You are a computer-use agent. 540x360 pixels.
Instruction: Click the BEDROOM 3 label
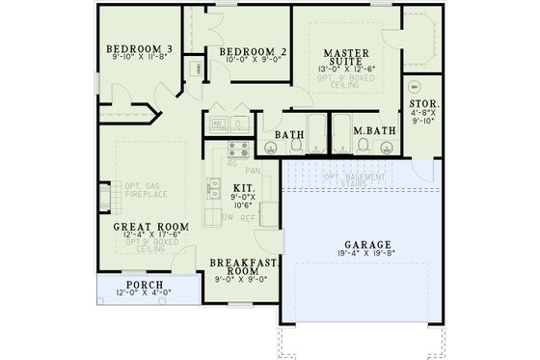pyautogui.click(x=140, y=49)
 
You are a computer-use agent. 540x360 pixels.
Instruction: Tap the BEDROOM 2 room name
pyautogui.click(x=253, y=52)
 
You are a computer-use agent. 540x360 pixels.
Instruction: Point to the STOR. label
pyautogui.click(x=424, y=103)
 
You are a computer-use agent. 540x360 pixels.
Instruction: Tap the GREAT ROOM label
pyautogui.click(x=149, y=227)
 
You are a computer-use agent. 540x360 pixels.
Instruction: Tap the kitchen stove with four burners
pyautogui.click(x=238, y=149)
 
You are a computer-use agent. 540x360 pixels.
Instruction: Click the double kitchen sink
pyautogui.click(x=216, y=188)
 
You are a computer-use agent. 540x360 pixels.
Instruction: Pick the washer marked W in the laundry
pyautogui.click(x=219, y=125)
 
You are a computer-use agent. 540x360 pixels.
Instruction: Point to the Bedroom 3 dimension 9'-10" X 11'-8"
pyautogui.click(x=140, y=60)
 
